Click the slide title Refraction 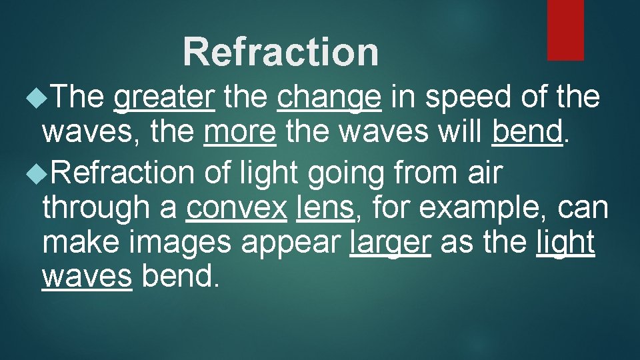(281, 52)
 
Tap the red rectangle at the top (565, 29)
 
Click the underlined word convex (237, 209)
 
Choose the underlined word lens (325, 208)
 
